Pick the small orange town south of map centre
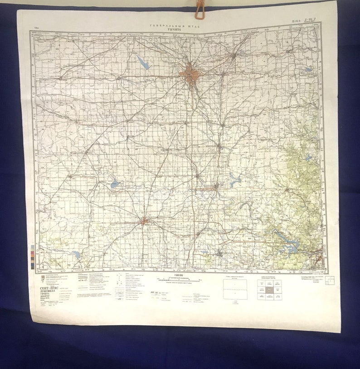coord(145,221)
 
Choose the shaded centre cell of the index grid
coord(269,290)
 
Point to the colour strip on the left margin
coord(32,255)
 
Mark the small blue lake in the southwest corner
coord(76,255)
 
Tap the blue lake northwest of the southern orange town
coord(115,184)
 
